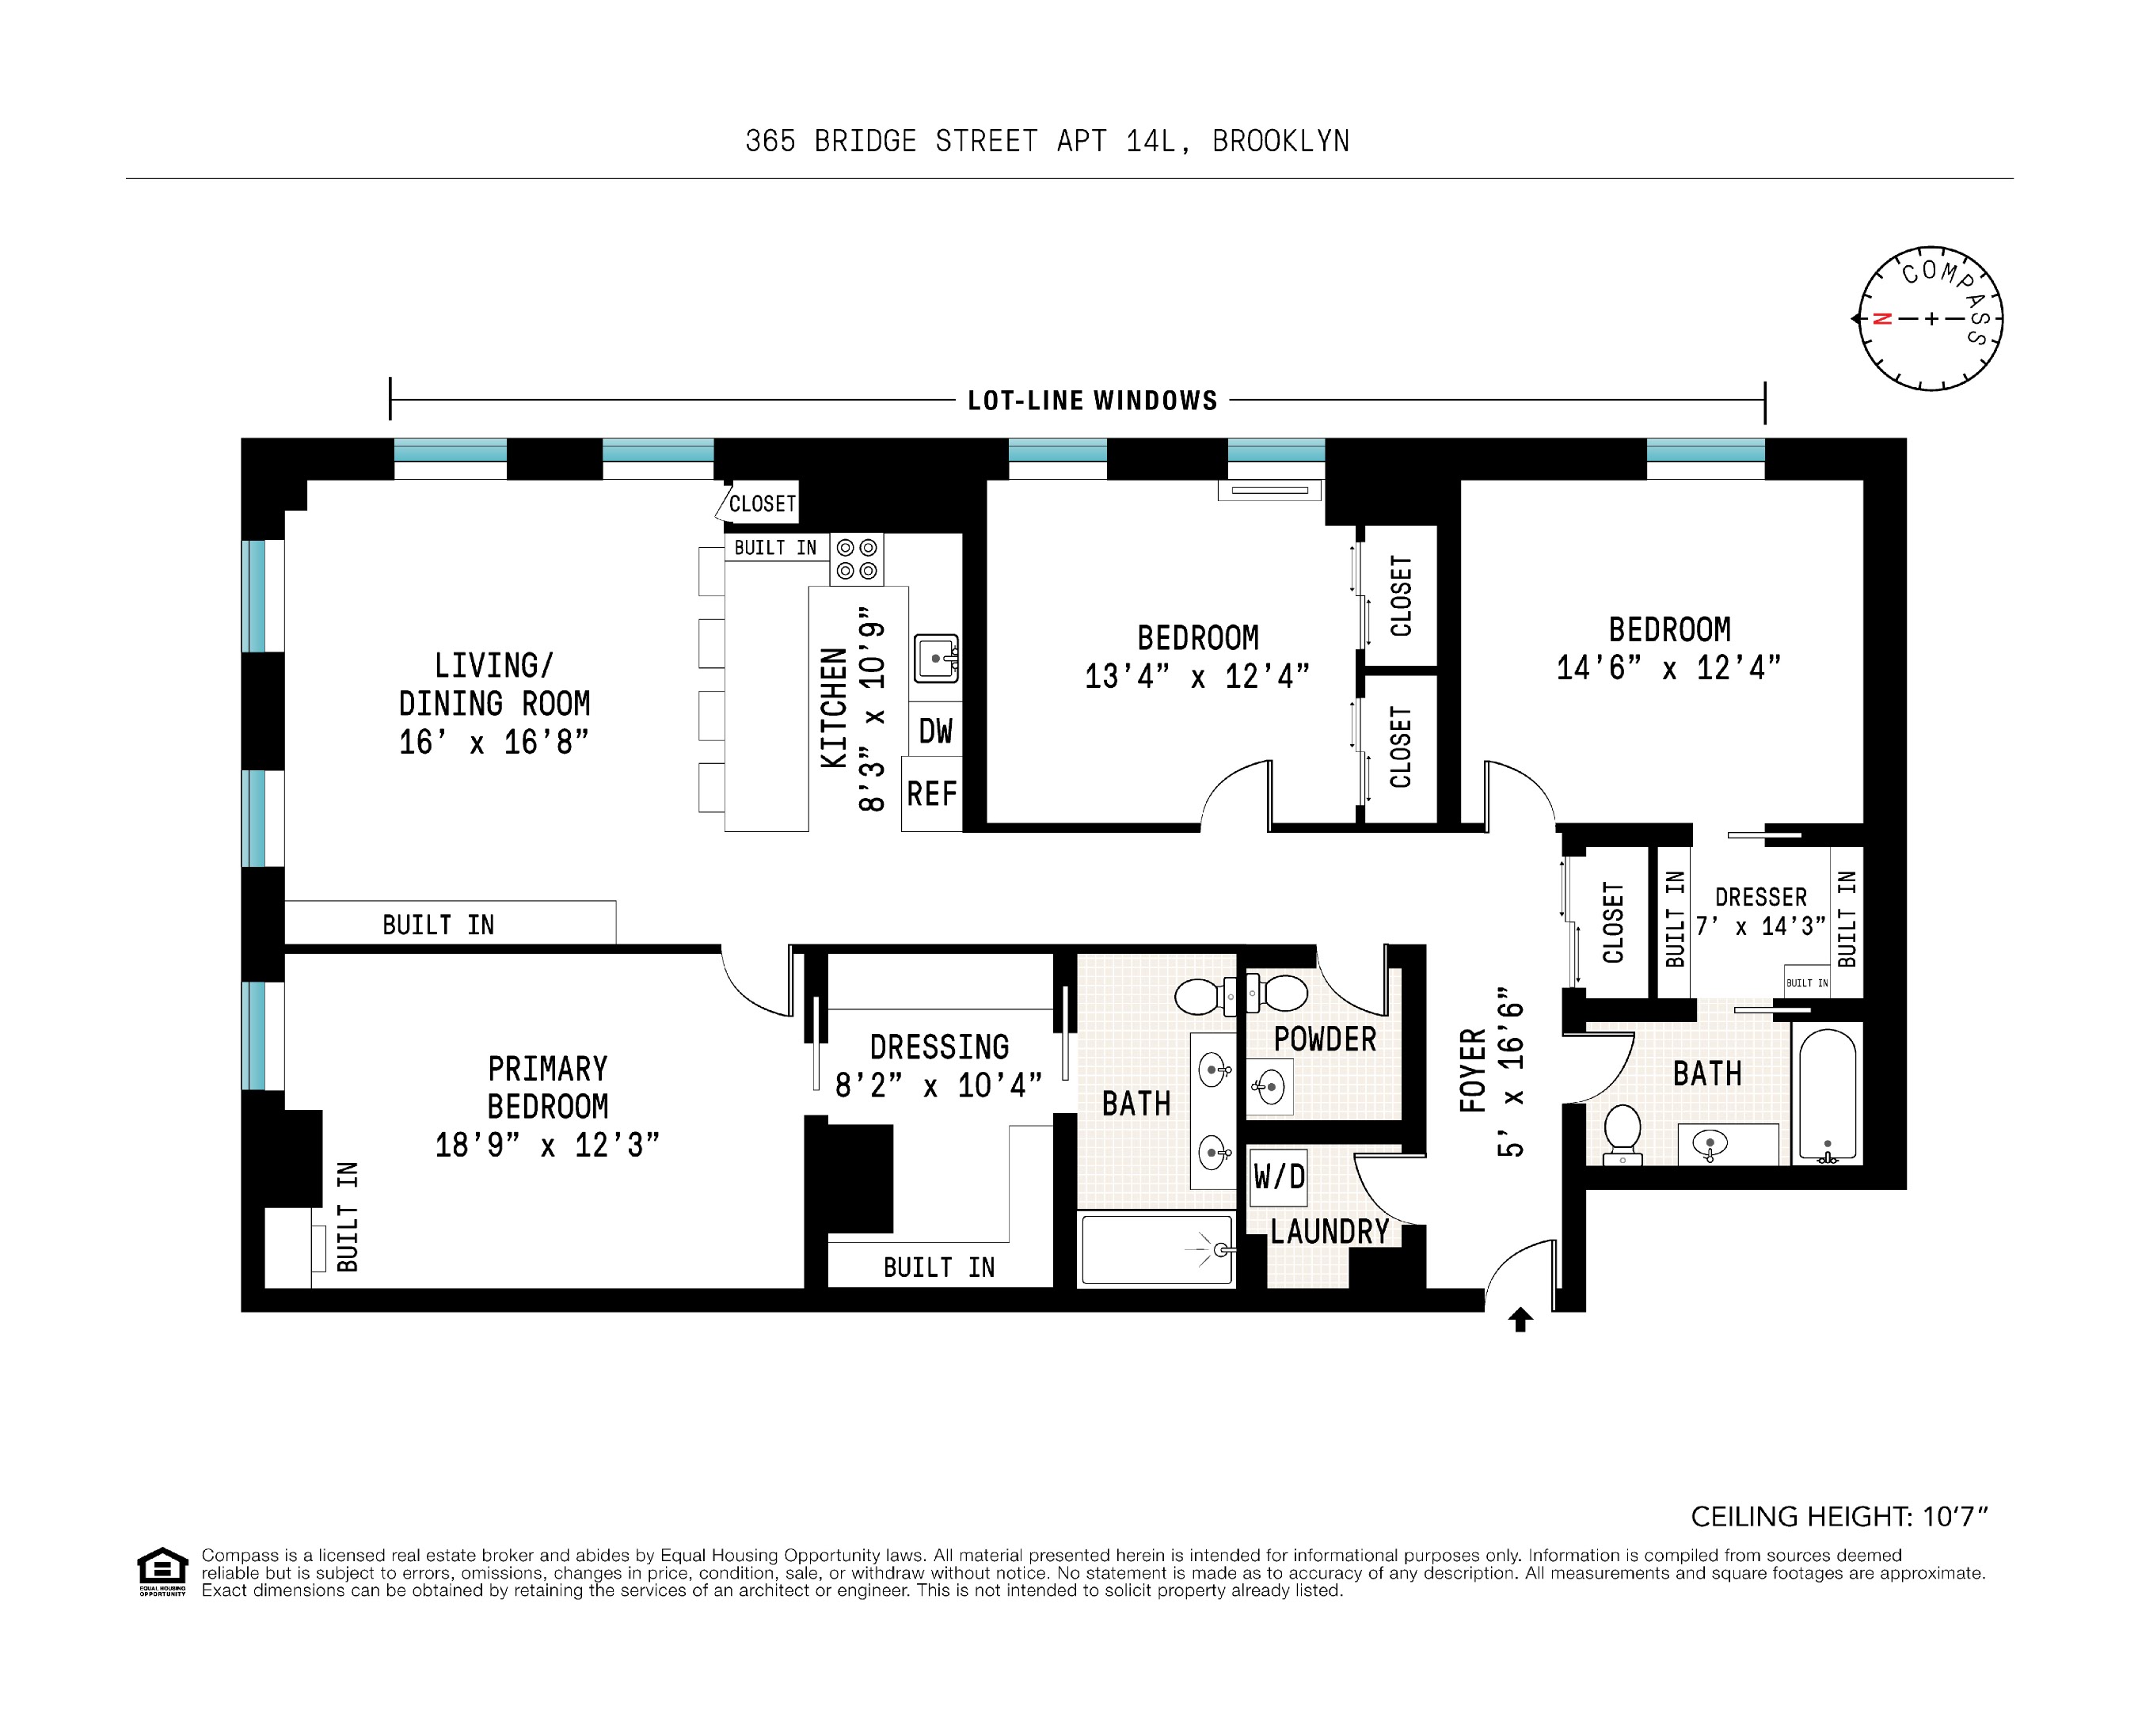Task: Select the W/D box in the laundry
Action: pos(1278,1176)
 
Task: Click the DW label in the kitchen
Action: pos(934,731)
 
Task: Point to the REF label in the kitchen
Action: pos(931,794)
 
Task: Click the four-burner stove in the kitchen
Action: pos(857,559)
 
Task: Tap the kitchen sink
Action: pos(935,658)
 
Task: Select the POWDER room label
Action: pos(1325,1040)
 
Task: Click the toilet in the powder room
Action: pos(1279,992)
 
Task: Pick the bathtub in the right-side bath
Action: pos(1827,1094)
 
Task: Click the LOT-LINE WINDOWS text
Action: pos(1092,401)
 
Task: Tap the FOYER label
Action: pos(1474,1070)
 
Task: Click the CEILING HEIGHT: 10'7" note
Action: pos(1839,1517)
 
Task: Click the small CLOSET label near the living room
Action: pos(762,503)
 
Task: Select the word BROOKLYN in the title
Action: pos(1280,142)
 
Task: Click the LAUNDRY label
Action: pos(1329,1232)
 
